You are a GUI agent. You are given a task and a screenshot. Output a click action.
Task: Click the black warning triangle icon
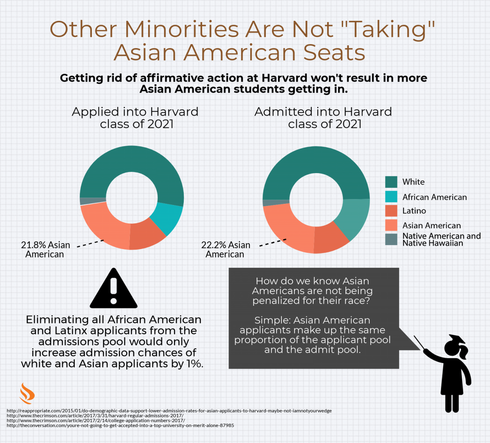click(113, 290)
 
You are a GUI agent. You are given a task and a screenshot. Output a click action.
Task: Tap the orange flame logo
click(27, 393)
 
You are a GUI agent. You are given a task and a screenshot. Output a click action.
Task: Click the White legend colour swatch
click(391, 182)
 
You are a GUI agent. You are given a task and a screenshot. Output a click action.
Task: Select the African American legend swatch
click(391, 196)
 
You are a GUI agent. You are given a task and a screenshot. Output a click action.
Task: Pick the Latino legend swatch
click(391, 211)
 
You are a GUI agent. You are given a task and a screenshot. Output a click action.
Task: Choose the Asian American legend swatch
click(391, 225)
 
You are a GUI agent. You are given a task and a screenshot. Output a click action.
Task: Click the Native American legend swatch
click(391, 239)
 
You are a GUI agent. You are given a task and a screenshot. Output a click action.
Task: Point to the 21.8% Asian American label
click(45, 250)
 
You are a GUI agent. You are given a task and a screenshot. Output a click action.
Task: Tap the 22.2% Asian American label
click(225, 249)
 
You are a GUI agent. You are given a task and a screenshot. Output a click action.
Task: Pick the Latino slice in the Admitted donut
click(330, 239)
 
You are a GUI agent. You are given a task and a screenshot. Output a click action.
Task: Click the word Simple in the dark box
click(271, 321)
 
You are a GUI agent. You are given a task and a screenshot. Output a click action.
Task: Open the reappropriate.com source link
click(169, 411)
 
